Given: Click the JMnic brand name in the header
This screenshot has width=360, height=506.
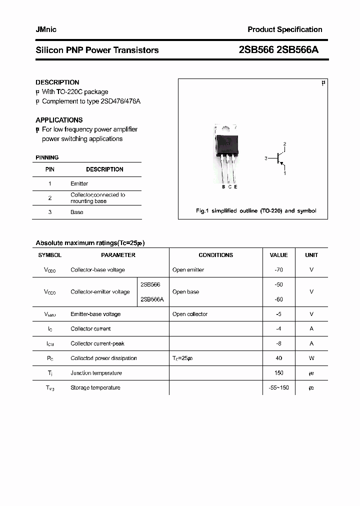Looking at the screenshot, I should [46, 29].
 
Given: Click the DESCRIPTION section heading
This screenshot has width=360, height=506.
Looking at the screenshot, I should [57, 82].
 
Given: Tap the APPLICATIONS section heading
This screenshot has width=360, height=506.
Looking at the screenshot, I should [59, 120].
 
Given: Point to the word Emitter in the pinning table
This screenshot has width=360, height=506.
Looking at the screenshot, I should [79, 183].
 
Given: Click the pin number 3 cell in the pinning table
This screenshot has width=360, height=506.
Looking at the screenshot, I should [50, 212].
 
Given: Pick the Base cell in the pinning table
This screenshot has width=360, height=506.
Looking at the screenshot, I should [77, 212].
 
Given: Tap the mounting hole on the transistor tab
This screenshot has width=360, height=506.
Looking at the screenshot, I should [226, 127].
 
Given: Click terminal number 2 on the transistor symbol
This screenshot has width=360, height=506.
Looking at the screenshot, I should [284, 144].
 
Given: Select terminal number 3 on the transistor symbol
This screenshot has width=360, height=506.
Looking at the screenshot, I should [266, 158].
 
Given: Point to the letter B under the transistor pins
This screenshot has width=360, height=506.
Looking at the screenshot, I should [223, 186].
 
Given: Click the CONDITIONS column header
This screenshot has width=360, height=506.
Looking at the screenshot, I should [215, 255].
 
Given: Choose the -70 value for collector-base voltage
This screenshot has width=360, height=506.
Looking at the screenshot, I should [278, 269].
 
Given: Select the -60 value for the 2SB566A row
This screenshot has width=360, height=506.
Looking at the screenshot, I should [278, 299].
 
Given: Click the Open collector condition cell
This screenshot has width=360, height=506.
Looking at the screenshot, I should [189, 314].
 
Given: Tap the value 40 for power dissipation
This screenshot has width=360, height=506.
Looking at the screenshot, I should [278, 358].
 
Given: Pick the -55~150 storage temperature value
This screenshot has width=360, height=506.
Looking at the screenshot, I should [278, 387].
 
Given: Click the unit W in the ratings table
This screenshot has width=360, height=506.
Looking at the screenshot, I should [311, 358].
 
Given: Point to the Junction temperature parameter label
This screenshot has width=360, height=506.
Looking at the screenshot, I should [96, 373].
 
